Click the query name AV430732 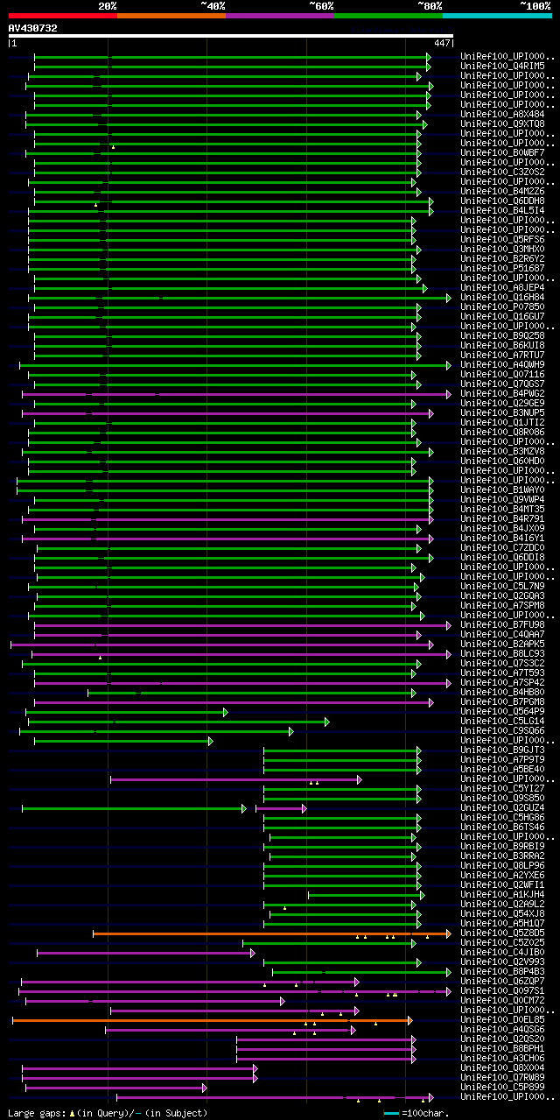pos(32,28)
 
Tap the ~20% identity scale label pos(108,5)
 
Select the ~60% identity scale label pos(321,5)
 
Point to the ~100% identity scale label pos(535,5)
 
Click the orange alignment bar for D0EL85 pos(210,1020)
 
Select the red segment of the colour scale pos(62,15)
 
